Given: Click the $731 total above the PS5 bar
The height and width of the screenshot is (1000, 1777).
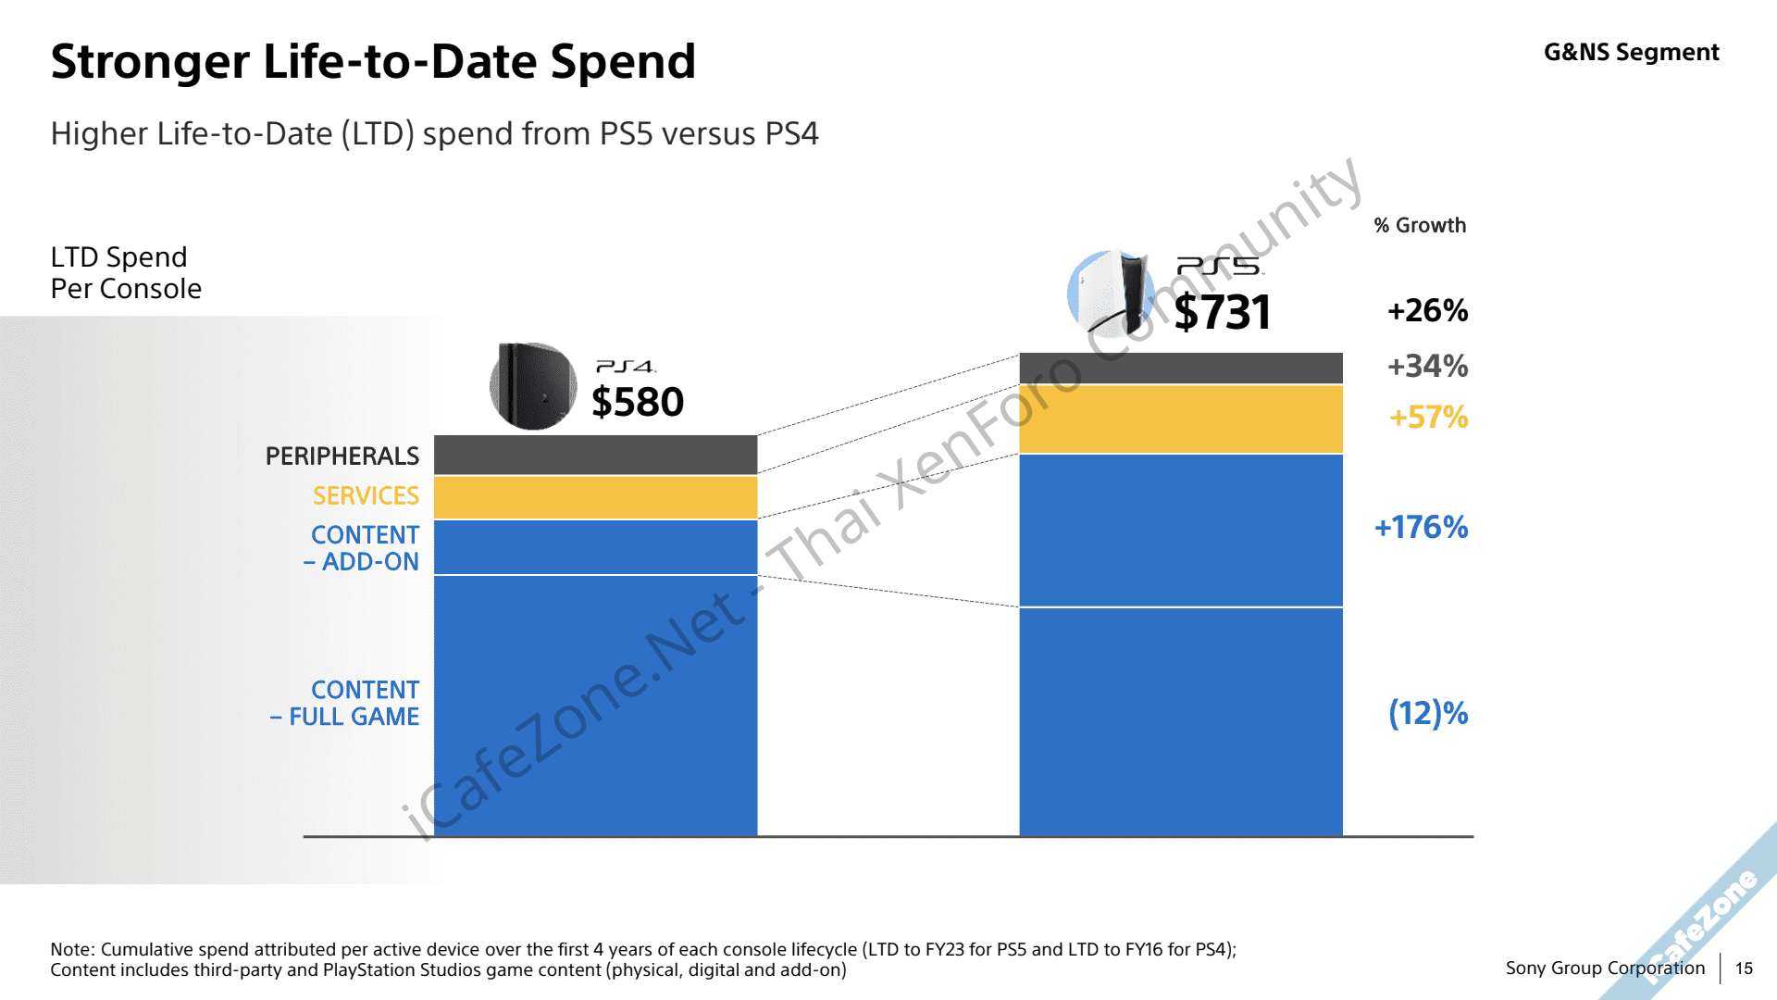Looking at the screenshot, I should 1223,313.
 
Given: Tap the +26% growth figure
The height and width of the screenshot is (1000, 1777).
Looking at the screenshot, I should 1427,311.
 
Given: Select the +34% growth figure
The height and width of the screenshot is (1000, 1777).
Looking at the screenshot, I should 1427,367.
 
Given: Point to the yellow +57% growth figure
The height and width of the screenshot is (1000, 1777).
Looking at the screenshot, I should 1428,418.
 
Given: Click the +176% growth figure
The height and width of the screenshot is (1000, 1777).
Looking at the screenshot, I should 1421,528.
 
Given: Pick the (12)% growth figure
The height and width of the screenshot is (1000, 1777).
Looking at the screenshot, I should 1428,713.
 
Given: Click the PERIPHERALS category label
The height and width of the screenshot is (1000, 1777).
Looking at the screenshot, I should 342,456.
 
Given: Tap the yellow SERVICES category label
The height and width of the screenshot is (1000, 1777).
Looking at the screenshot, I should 366,496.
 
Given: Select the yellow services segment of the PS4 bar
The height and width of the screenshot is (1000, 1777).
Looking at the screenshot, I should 595,497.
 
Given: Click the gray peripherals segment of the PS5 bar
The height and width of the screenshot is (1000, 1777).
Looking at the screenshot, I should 1180,368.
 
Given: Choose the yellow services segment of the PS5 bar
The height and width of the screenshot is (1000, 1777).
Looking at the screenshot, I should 1180,419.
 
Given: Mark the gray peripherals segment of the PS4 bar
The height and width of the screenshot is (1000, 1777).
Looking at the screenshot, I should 595,455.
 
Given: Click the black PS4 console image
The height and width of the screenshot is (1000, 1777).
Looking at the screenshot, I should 532,386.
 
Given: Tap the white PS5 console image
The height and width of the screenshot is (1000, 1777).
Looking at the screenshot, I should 1111,293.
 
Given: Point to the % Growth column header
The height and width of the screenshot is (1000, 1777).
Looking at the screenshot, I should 1420,226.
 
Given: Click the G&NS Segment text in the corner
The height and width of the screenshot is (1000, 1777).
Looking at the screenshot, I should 1631,53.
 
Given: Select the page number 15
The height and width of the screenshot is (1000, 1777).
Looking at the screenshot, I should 1744,969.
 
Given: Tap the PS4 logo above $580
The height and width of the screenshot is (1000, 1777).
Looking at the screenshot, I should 626,367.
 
